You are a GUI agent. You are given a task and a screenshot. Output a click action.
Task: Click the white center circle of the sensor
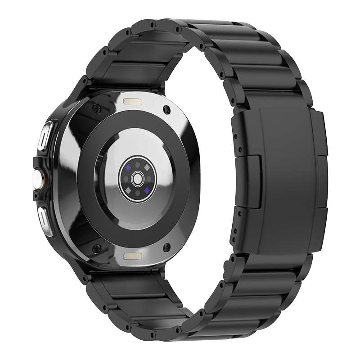[x=135, y=179]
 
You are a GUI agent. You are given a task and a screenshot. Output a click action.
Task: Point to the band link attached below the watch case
[x=135, y=292]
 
